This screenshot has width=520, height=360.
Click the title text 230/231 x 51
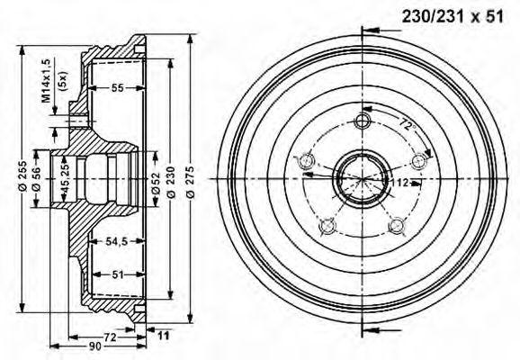click(453, 16)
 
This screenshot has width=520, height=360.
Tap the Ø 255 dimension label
click(22, 176)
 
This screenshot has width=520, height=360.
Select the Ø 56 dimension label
click(36, 179)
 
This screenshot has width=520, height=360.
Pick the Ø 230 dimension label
click(171, 182)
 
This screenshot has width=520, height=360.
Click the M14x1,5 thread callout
click(46, 80)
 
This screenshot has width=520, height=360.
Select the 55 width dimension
click(117, 88)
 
